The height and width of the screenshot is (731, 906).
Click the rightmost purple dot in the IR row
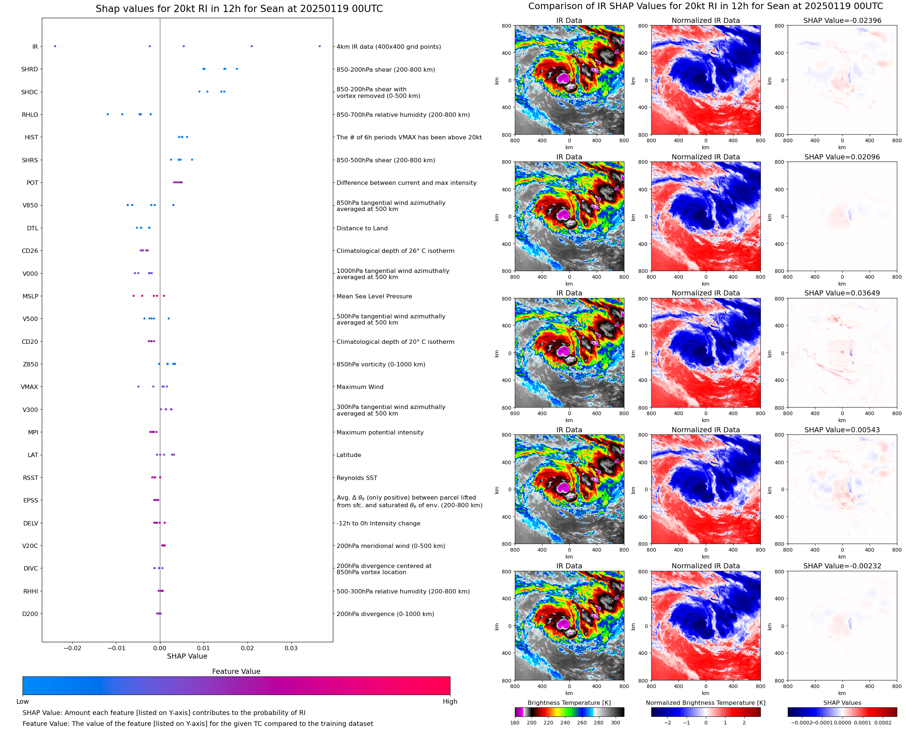(319, 46)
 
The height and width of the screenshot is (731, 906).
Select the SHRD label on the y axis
(29, 69)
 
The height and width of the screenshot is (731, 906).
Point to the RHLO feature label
(30, 115)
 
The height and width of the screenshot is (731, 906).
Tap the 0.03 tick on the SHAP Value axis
(291, 648)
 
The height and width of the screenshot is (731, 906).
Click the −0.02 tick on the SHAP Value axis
(72, 648)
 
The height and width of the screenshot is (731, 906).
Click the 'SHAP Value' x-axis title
(187, 656)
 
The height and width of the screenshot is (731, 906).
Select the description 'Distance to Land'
(362, 228)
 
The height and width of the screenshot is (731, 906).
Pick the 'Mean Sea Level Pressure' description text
(374, 297)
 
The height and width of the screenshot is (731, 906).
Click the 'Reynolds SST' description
(357, 478)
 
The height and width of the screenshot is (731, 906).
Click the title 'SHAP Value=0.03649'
(842, 293)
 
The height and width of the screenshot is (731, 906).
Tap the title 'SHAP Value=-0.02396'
(842, 20)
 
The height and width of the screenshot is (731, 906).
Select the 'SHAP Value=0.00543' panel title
(842, 430)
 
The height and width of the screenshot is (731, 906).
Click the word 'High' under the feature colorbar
(450, 702)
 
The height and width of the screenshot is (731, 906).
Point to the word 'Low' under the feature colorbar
(23, 702)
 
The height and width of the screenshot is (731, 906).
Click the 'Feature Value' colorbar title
(236, 672)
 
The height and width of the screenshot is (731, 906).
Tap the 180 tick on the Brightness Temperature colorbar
(515, 723)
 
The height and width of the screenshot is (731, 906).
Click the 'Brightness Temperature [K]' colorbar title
(569, 703)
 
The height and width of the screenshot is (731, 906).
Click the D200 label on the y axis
(30, 614)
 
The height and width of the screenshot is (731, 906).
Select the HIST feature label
(31, 137)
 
